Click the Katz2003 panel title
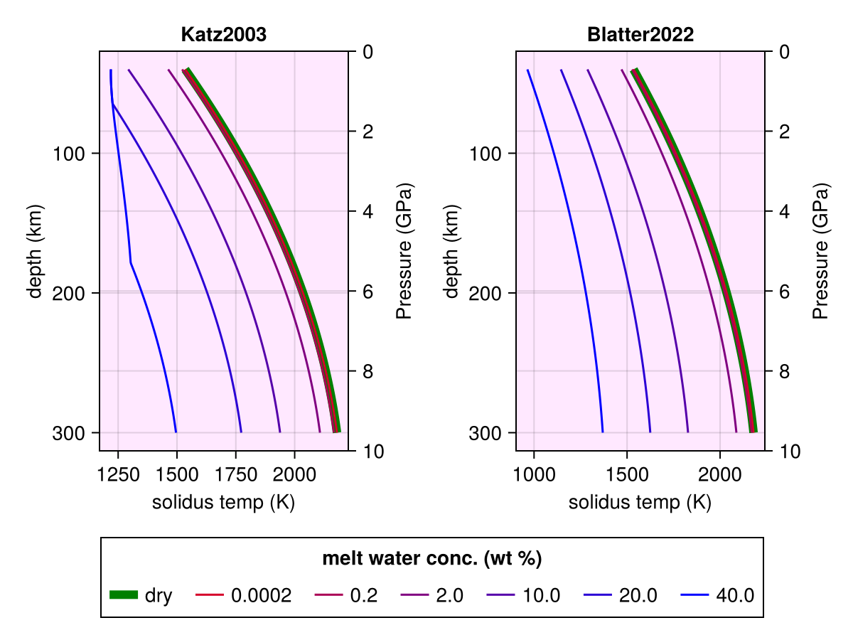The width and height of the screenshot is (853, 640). [223, 35]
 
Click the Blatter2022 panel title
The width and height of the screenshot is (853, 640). [640, 35]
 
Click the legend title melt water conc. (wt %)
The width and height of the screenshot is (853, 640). [432, 559]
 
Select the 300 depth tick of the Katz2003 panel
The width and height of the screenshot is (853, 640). [65, 432]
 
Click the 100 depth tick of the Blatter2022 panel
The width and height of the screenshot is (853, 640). [483, 153]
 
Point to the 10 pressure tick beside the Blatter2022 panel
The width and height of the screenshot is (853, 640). [789, 451]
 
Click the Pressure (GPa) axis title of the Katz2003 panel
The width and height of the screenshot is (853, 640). [404, 250]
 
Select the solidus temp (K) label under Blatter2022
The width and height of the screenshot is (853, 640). [640, 503]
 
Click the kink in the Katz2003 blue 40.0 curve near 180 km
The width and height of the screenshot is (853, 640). [131, 263]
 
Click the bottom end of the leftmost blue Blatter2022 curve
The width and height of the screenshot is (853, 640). [602, 432]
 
